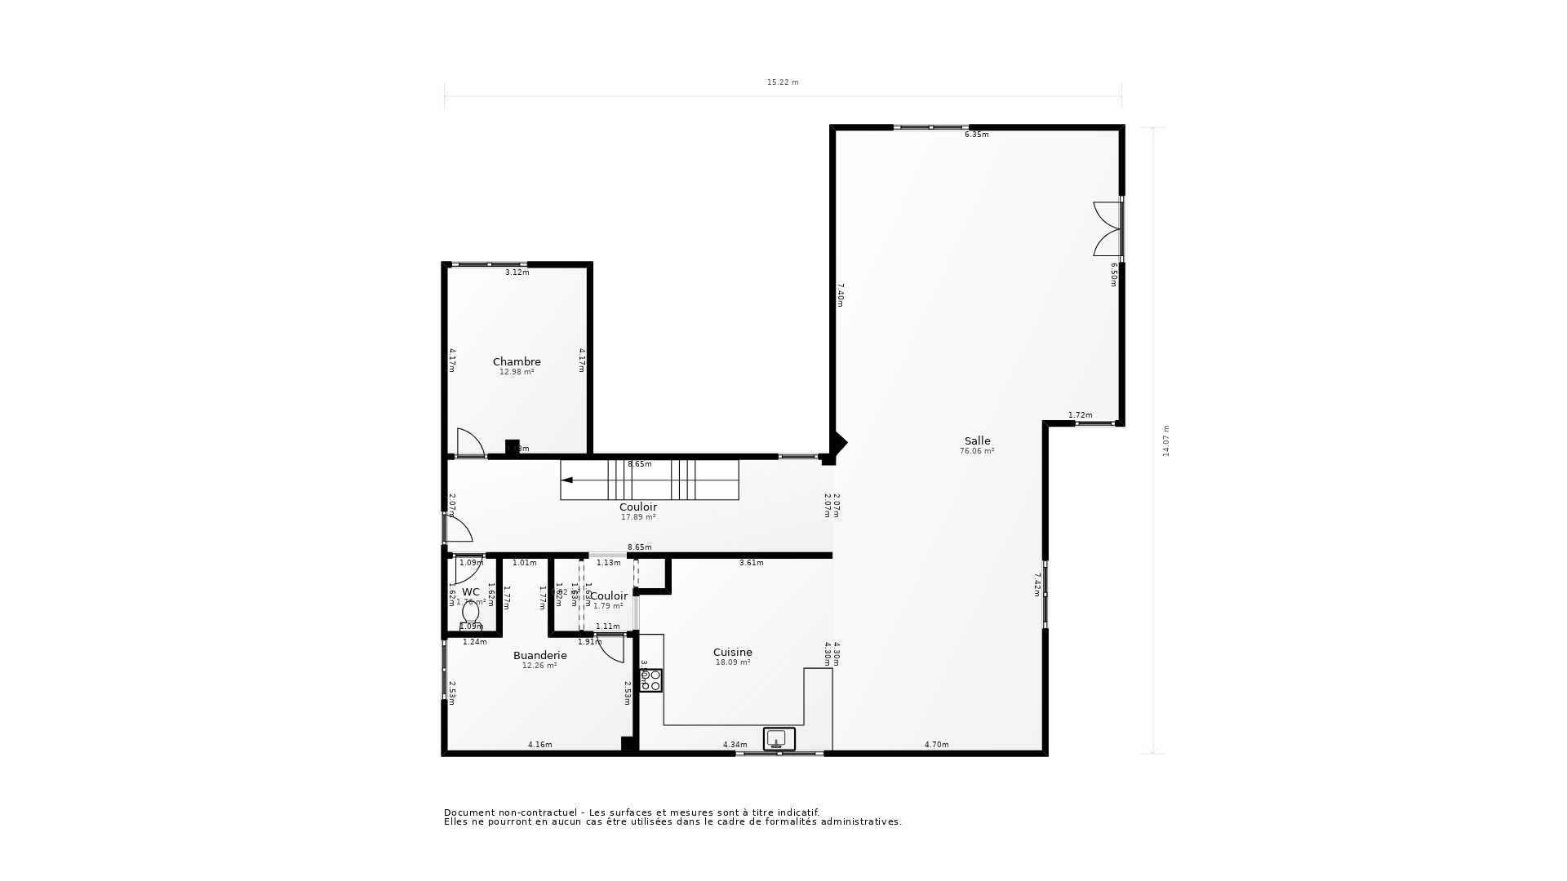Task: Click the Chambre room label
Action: point(517,361)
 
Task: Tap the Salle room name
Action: point(977,440)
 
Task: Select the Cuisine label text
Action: point(732,652)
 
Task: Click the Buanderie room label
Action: point(539,655)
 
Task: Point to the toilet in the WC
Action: point(471,612)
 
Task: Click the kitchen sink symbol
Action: point(779,739)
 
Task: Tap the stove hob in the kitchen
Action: point(650,680)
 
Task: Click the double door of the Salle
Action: point(1108,229)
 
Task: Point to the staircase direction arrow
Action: point(567,480)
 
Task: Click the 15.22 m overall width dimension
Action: point(782,82)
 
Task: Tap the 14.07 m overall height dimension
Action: point(1166,440)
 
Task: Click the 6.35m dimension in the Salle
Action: point(976,135)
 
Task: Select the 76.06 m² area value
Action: point(977,451)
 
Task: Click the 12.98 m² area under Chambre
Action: point(517,372)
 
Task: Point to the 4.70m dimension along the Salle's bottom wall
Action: point(936,744)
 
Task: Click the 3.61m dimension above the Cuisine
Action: point(751,563)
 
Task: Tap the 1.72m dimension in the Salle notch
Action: point(1080,415)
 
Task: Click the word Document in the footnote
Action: point(469,812)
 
